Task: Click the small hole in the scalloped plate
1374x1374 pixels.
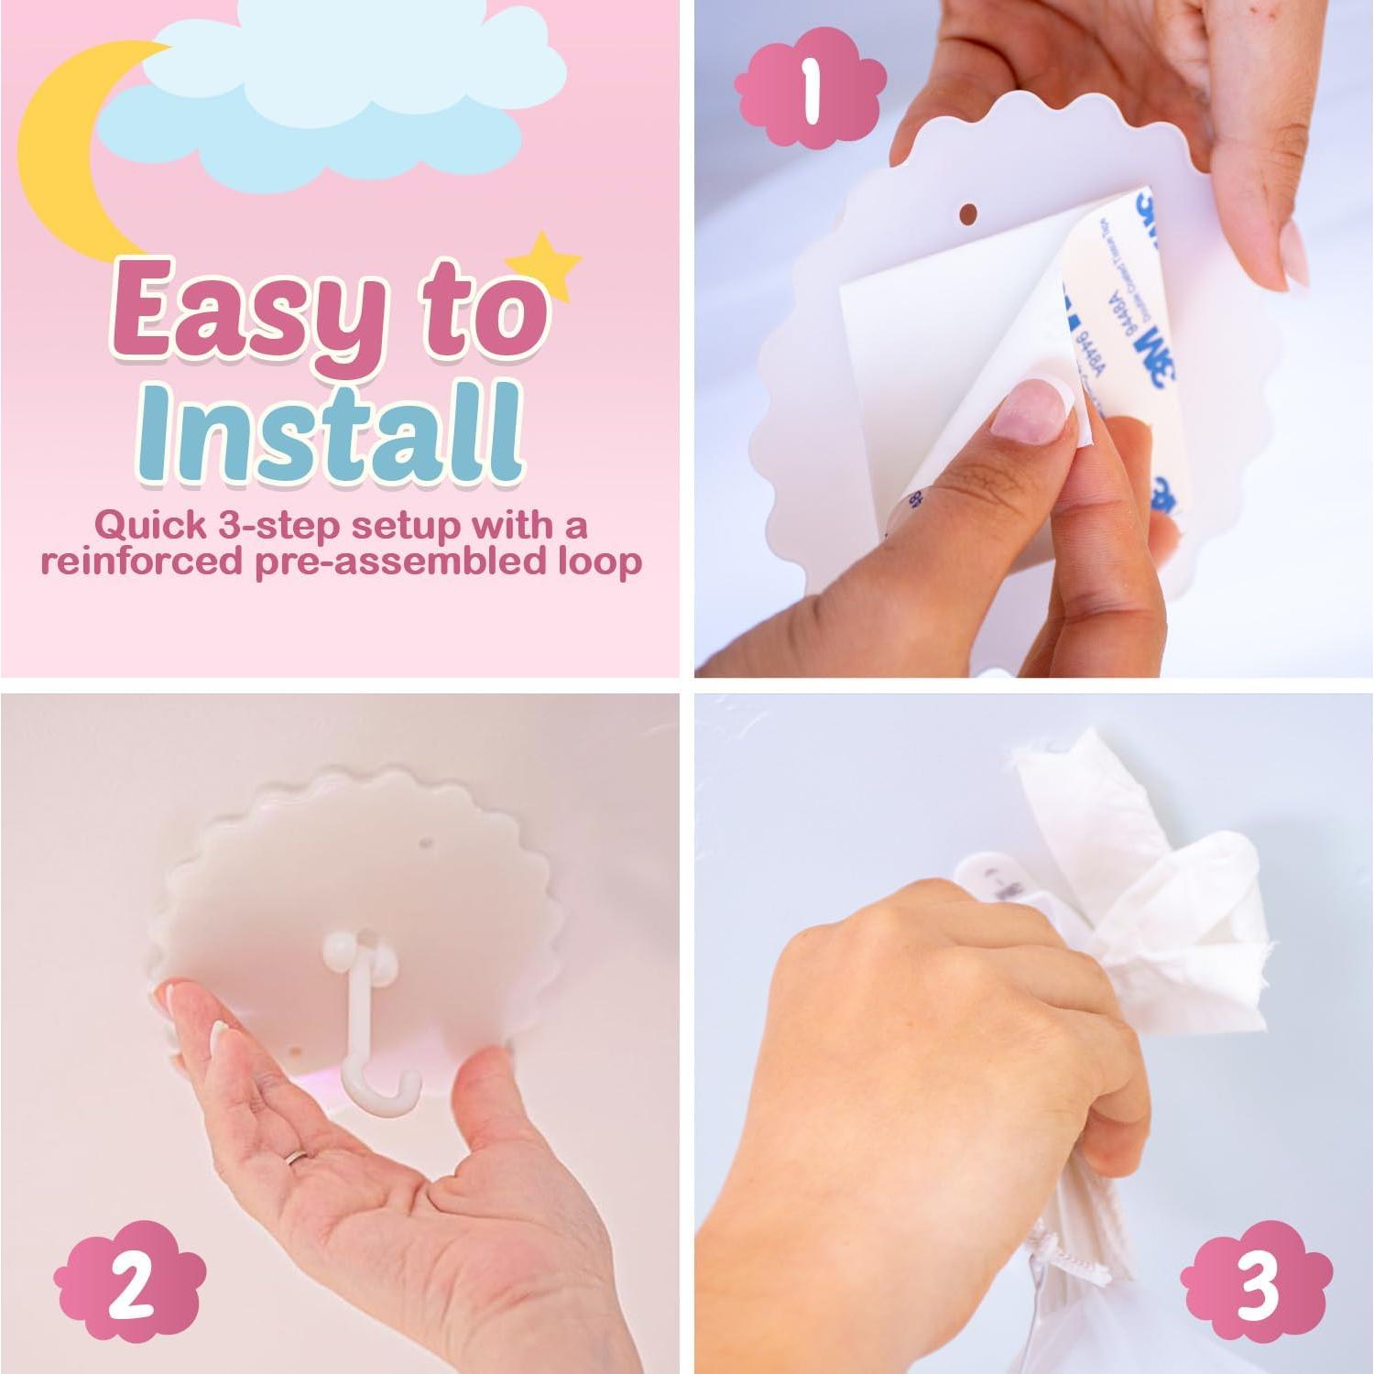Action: [x=967, y=213]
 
